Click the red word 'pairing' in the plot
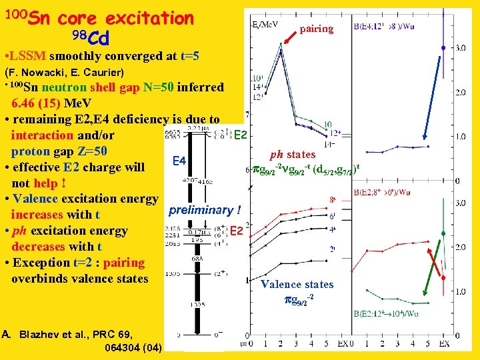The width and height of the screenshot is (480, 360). pos(316,29)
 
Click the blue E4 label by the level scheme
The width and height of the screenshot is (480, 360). pos(179,161)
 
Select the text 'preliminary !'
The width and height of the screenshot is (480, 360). pos(204,211)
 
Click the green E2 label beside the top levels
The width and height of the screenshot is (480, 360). pos(241,135)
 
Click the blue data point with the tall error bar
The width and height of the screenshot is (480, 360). pos(443,48)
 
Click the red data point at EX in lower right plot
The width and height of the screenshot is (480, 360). pos(443,277)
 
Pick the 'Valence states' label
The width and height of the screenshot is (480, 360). pos(297,285)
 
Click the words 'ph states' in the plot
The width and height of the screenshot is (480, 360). pos(293,155)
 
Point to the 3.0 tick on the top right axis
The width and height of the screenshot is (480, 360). pos(460,48)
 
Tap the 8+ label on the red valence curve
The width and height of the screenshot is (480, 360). pos(332,199)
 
